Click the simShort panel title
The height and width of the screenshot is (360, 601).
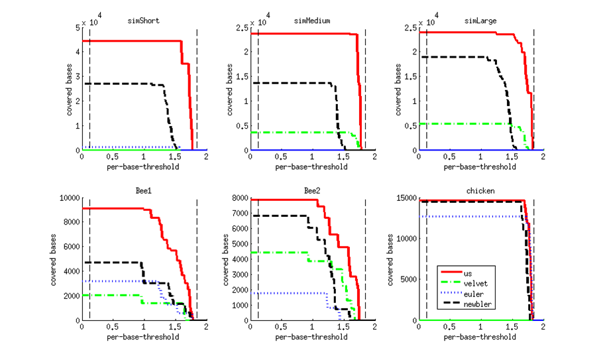pos(144,21)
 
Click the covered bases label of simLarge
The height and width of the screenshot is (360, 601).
pos(399,88)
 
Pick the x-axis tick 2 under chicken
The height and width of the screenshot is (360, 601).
pos(543,327)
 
